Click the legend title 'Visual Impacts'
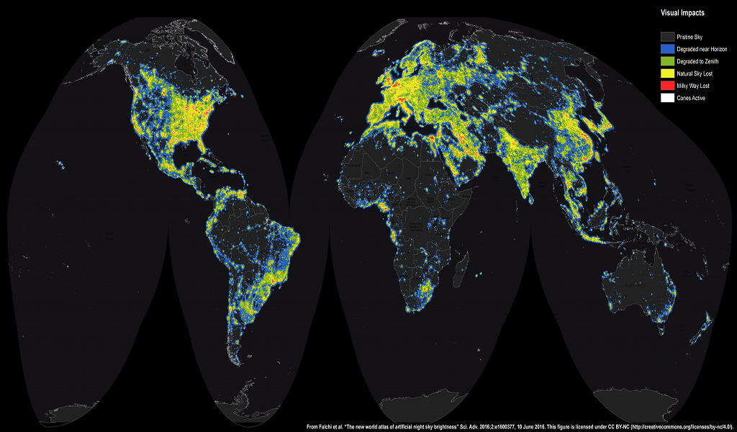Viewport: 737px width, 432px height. click(x=682, y=13)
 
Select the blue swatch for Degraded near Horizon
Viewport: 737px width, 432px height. click(x=667, y=48)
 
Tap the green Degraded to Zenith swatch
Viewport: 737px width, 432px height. click(x=667, y=61)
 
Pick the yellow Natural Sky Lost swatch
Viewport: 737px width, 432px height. click(x=667, y=73)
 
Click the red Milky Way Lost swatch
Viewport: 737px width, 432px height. click(x=667, y=86)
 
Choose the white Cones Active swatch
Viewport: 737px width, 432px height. click(x=667, y=98)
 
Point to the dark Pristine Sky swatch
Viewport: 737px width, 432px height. click(x=667, y=36)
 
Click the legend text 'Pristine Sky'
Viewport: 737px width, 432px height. click(x=690, y=36)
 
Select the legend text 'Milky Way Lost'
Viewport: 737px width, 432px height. click(x=693, y=86)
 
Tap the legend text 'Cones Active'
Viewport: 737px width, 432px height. click(x=691, y=98)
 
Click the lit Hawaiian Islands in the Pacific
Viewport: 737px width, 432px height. click(x=63, y=167)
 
